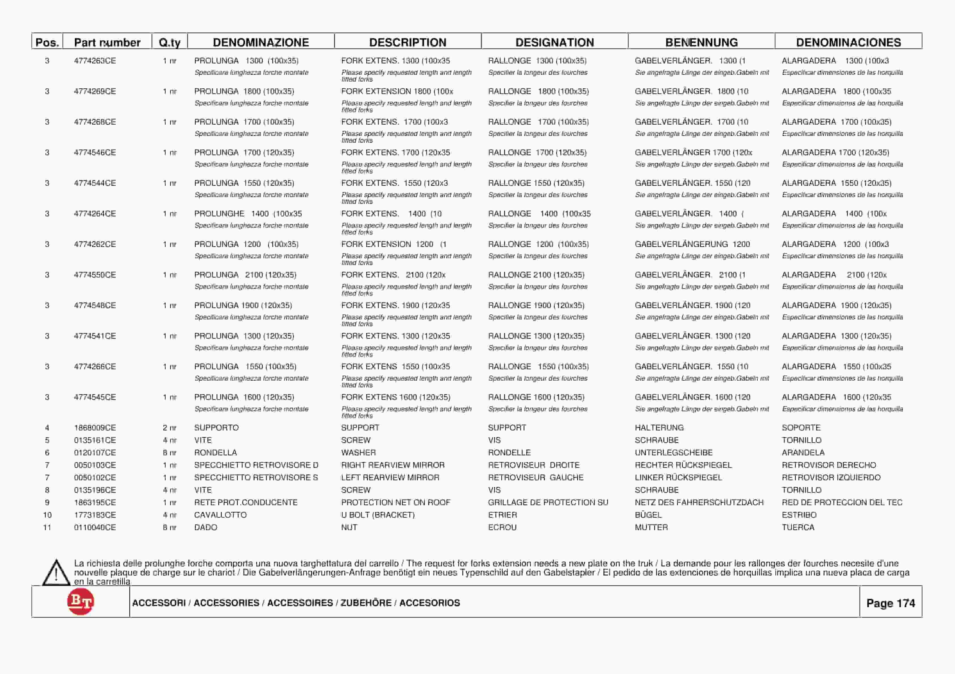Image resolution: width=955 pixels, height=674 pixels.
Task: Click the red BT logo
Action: pos(81,602)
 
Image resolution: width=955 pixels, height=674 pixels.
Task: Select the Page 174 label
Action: pos(891,603)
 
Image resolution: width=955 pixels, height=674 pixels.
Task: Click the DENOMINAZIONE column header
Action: pos(261,42)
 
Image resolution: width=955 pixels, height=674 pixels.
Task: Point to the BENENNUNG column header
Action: pos(701,42)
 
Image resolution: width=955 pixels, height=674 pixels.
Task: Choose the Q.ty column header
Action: pos(170,42)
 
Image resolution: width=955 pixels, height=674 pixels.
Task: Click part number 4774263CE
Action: pos(95,61)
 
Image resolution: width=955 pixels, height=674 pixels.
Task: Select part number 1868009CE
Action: pos(95,428)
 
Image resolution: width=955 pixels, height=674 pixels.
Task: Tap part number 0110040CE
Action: pos(95,527)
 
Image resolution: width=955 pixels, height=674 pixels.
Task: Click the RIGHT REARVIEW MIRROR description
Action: pos(393,465)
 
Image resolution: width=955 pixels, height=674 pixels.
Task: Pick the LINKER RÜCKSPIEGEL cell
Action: pos(678,477)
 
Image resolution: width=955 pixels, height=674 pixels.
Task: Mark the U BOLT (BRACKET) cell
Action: pos(378,515)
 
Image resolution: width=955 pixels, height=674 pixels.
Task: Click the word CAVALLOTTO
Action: pos(220,515)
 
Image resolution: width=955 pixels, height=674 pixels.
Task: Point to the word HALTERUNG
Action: pos(659,428)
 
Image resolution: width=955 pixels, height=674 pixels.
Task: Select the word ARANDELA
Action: pos(803,453)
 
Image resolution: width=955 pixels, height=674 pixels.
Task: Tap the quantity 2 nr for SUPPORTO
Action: pos(170,428)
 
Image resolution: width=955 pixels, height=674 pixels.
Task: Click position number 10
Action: pos(47,515)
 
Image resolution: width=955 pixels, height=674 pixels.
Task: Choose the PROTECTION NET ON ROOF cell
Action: pos(396,502)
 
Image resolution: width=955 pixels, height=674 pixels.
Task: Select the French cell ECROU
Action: pos(502,527)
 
